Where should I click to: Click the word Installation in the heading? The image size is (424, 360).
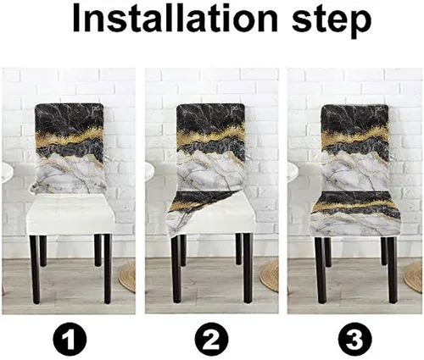[175, 19]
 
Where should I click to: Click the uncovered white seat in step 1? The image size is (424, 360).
[70, 214]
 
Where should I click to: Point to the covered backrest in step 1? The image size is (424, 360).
[70, 149]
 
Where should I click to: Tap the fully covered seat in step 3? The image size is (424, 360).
[356, 214]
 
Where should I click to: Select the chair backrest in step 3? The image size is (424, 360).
[355, 147]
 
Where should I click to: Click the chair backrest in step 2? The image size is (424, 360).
[211, 147]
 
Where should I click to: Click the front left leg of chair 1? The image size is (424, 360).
[35, 269]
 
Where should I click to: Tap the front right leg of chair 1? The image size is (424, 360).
[107, 269]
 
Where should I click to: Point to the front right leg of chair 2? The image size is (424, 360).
[248, 269]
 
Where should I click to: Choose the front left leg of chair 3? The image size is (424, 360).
[321, 270]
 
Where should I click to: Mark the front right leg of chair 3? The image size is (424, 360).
[392, 270]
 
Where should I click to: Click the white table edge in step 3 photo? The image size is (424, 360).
[293, 172]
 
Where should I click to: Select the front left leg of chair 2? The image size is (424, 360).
[176, 269]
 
